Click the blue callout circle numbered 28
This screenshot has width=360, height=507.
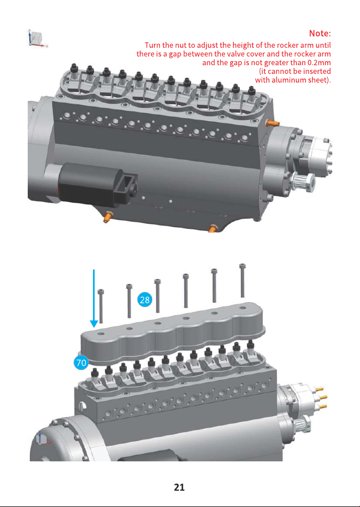[144, 299]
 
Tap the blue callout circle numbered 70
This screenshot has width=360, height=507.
[81, 362]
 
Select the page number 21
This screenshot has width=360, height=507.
[179, 487]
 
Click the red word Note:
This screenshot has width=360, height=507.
[320, 33]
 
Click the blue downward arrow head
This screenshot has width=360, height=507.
[94, 324]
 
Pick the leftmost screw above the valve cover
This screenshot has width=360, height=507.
[101, 305]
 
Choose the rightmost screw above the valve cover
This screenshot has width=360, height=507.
[242, 280]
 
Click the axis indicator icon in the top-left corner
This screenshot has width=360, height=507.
[37, 39]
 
